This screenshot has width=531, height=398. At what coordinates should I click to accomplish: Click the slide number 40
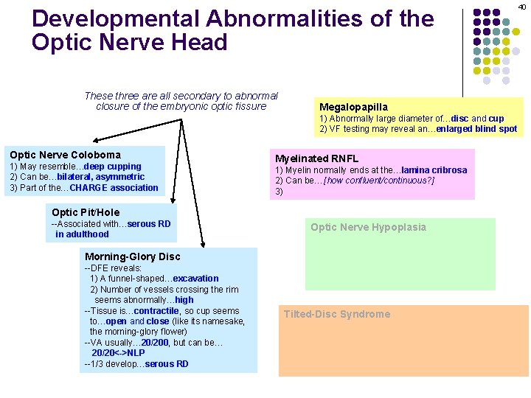click(521, 6)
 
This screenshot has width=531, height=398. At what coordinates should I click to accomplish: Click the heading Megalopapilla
click(353, 107)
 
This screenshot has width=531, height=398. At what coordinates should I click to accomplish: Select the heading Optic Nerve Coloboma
click(65, 155)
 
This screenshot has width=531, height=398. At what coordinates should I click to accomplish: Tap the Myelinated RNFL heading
click(316, 158)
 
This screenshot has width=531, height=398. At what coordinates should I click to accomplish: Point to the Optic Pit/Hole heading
click(86, 212)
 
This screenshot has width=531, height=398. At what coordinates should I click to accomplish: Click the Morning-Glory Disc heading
click(133, 256)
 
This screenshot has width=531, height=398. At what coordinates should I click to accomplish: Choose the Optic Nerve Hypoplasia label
click(368, 227)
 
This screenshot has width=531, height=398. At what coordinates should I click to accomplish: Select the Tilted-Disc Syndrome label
click(337, 314)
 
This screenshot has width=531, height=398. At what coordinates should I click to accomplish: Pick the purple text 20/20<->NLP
click(118, 353)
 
